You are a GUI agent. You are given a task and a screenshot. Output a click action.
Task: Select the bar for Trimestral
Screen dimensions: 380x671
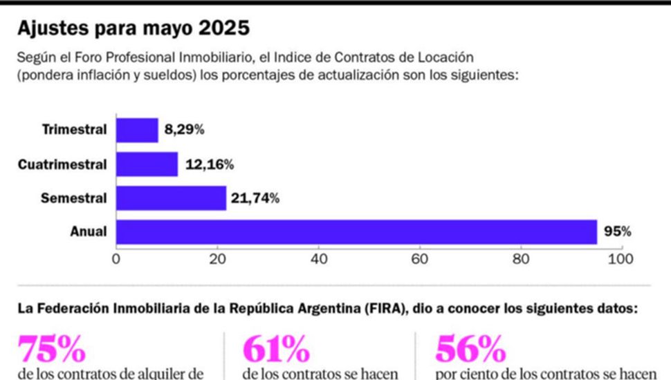(x=137, y=130)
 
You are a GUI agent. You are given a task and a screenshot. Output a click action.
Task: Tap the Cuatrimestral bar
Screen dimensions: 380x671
(x=147, y=164)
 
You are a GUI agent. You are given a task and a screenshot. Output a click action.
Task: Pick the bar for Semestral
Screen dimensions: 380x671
(x=171, y=198)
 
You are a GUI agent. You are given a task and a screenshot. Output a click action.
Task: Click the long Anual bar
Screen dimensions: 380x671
(x=356, y=232)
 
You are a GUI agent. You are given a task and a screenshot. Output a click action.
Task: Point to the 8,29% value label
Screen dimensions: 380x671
(x=184, y=130)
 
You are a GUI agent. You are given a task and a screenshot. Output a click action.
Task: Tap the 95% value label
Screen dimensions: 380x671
(x=617, y=232)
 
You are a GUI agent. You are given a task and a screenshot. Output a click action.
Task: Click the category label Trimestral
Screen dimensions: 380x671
(x=74, y=130)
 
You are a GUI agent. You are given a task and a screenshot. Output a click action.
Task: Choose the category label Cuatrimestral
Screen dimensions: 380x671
(x=62, y=164)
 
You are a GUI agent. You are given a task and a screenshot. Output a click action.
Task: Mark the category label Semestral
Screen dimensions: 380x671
(x=73, y=198)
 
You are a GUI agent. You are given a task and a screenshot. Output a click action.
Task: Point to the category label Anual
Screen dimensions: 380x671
(x=89, y=232)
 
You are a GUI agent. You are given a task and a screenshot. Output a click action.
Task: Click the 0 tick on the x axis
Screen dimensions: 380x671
(x=116, y=259)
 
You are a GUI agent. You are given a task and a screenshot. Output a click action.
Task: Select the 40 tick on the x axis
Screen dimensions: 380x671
(x=318, y=259)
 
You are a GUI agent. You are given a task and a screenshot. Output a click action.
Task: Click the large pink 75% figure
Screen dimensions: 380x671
(x=51, y=351)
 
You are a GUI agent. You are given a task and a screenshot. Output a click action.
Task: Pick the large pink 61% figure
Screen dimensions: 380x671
(x=275, y=351)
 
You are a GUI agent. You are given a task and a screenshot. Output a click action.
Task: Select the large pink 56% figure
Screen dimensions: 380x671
(x=470, y=351)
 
